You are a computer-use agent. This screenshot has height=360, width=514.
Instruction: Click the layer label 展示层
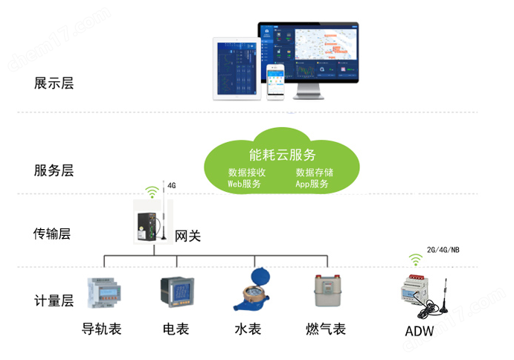pos(54,83)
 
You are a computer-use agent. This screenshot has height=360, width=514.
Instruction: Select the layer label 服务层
pos(54,170)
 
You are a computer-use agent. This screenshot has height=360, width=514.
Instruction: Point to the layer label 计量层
pos(54,300)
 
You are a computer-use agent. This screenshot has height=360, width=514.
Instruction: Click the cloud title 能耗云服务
pos(283,155)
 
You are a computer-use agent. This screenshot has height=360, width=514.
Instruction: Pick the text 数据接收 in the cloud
pos(247,173)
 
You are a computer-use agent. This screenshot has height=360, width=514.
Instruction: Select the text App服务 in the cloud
pos(312,184)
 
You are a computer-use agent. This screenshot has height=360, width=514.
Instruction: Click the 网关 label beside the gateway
pos(187,237)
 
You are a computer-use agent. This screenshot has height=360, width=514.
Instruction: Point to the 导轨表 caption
pos(102,328)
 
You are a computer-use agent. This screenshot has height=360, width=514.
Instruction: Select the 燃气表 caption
pos(325,328)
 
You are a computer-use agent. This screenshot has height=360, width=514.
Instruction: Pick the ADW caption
pos(420,330)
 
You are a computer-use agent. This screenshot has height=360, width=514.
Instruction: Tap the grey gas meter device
pos(325,291)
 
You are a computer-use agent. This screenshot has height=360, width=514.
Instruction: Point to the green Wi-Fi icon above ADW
pos(415,260)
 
